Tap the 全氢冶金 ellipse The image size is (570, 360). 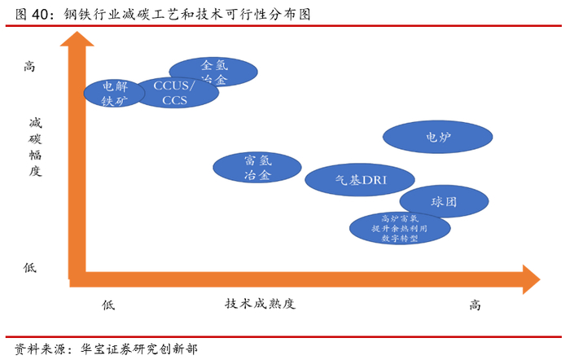pos(213,72)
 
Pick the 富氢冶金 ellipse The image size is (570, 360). pos(256,167)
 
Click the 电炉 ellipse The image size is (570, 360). pos(438,137)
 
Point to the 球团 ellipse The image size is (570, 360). pos(444,201)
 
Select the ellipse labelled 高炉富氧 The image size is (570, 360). pos(399,229)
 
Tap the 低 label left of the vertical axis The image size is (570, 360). pos(30,267)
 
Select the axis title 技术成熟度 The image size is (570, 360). pos(260,305)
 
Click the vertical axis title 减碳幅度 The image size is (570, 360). pos(34,147)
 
